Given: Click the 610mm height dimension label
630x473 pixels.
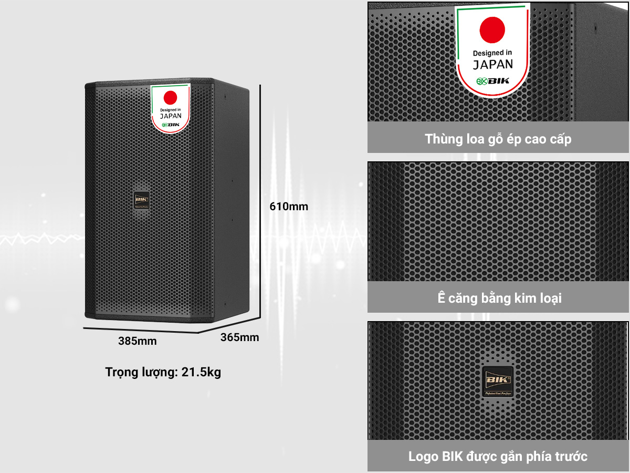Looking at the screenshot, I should pyautogui.click(x=289, y=207).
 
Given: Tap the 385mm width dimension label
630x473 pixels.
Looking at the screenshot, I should pyautogui.click(x=137, y=341).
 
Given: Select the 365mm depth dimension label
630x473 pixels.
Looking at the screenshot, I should pyautogui.click(x=239, y=337).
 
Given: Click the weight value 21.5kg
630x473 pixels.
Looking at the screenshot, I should pyautogui.click(x=201, y=373).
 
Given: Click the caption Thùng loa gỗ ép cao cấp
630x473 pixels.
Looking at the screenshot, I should pyautogui.click(x=498, y=139).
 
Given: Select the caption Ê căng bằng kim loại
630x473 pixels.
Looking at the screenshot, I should pyautogui.click(x=499, y=298).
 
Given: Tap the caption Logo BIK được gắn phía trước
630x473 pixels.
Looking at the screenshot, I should pyautogui.click(x=498, y=456).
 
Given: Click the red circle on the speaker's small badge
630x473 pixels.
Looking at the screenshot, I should pyautogui.click(x=170, y=97).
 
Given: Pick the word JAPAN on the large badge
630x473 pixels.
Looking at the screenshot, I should pyautogui.click(x=492, y=65).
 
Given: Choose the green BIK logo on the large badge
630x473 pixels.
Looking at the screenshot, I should pyautogui.click(x=492, y=81).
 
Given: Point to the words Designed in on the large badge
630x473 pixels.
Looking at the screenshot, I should pyautogui.click(x=492, y=53).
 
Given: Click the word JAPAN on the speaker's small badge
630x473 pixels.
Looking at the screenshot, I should pyautogui.click(x=170, y=116).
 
